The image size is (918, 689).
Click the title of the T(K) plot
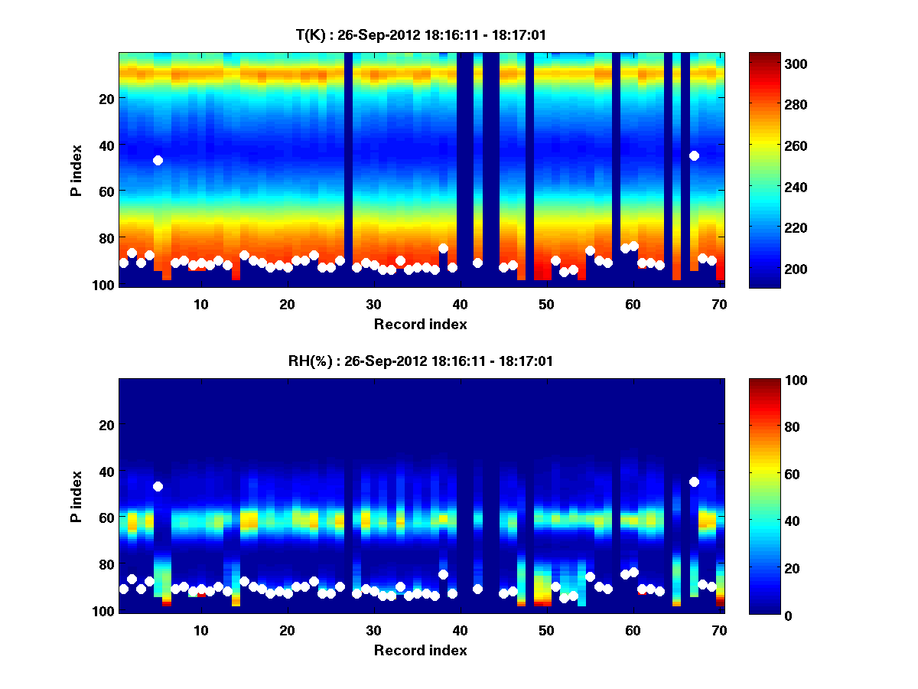421,34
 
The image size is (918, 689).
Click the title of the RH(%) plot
421,361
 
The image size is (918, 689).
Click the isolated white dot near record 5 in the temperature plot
158,160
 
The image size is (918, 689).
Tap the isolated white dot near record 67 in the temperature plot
694,155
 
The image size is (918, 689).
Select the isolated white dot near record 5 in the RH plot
158,486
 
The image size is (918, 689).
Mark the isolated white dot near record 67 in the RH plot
694,482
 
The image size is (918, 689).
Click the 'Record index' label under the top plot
421,324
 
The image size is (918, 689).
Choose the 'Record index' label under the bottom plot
421,650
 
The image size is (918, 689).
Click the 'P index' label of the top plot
76,170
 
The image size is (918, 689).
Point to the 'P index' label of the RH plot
76,496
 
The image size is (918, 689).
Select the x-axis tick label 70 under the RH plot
719,630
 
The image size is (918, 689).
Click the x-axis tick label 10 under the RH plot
200,630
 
